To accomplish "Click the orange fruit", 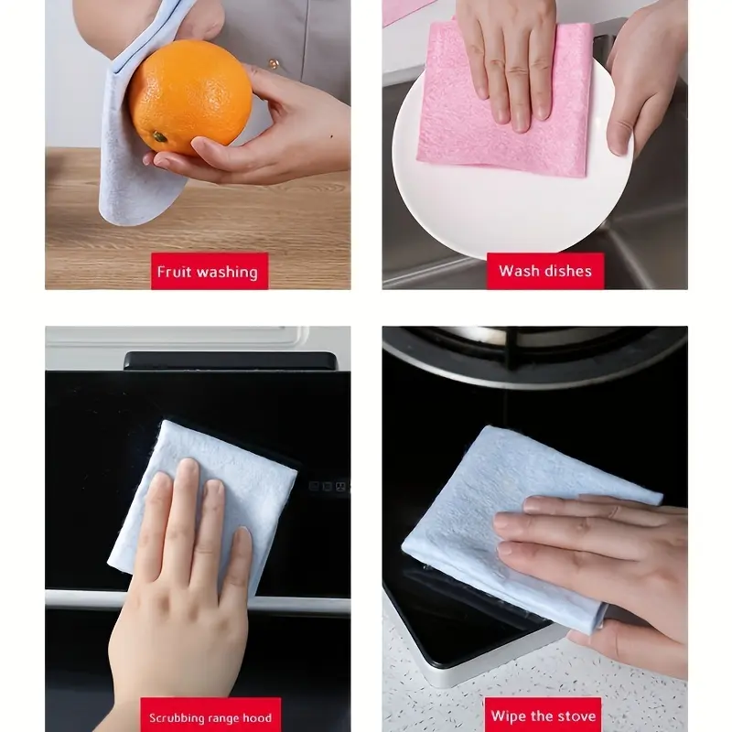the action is click(x=190, y=97).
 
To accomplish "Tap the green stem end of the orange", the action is click(x=159, y=136).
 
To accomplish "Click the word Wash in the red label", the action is click(x=517, y=271).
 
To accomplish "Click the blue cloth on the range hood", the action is click(x=201, y=495).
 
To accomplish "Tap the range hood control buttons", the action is click(x=328, y=487).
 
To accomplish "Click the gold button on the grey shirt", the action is click(x=274, y=63).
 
